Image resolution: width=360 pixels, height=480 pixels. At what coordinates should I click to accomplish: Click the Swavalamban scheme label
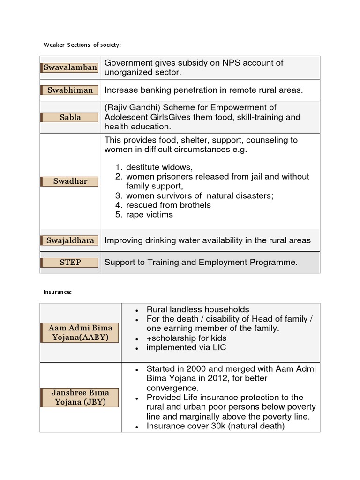[70, 67]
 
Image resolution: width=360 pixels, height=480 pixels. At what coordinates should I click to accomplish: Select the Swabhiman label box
[70, 90]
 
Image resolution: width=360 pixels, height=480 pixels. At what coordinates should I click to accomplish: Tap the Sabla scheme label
[70, 117]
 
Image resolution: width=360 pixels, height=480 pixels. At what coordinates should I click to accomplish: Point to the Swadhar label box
[70, 181]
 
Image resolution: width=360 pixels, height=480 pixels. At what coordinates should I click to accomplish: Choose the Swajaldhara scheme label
[70, 240]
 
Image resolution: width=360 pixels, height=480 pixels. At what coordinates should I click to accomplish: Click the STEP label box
[70, 262]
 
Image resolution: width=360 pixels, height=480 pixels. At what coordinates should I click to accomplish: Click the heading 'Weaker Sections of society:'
[82, 45]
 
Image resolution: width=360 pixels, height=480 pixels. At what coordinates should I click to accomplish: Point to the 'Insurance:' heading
[58, 292]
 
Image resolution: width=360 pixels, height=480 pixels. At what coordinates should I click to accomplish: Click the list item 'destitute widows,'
[159, 167]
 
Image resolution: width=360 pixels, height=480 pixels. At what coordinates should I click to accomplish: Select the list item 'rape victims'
[150, 215]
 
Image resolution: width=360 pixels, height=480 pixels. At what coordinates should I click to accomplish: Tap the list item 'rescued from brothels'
[168, 205]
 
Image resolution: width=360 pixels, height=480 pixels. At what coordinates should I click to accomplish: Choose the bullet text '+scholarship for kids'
[187, 338]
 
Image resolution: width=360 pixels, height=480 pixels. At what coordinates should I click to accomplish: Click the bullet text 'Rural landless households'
[198, 309]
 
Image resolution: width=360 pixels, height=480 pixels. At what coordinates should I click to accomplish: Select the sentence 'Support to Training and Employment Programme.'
[201, 262]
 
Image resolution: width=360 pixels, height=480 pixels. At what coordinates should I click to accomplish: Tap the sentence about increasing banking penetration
[203, 90]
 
